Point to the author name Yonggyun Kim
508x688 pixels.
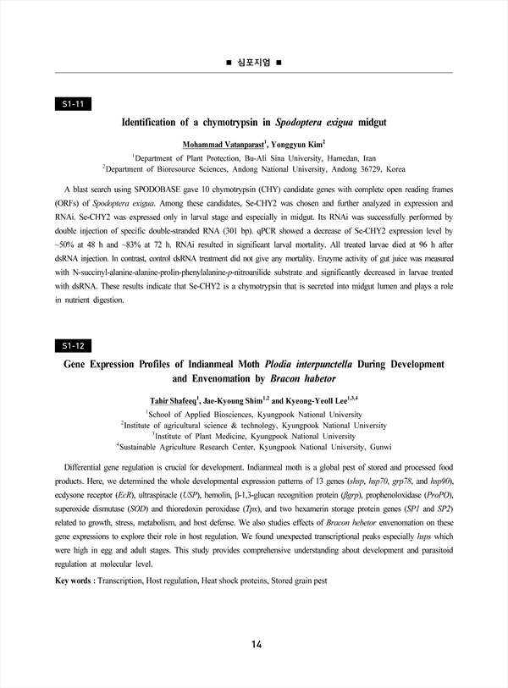click(x=302, y=143)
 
